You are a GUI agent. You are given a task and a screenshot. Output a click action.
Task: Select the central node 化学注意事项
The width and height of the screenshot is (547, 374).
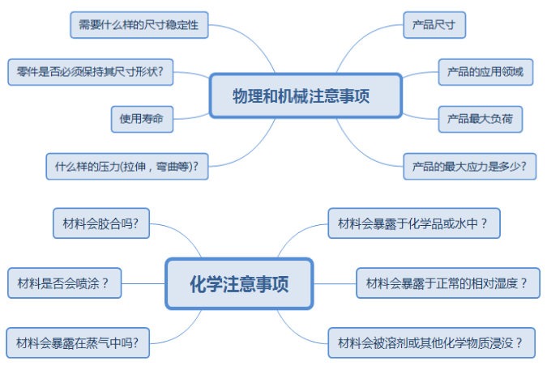pos(239,284)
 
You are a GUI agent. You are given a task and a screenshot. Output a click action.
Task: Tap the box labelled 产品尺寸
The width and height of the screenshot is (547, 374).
pos(434,25)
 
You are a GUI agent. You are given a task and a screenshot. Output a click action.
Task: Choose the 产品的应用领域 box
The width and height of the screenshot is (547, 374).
pos(485,72)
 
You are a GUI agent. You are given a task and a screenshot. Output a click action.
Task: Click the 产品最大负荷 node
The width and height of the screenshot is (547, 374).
pos(480,119)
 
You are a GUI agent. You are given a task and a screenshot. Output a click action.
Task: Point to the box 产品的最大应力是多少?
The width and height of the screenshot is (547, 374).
pos(469,167)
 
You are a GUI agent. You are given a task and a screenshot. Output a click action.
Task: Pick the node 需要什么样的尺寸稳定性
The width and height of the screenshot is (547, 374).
pos(139,25)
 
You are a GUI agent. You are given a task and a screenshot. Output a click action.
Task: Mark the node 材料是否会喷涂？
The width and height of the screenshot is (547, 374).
pos(64,283)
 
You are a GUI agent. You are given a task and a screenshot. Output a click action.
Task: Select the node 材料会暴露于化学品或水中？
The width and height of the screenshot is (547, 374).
pos(414,223)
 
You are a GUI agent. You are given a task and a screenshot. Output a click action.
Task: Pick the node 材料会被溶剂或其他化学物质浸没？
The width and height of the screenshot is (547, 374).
pos(431,342)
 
